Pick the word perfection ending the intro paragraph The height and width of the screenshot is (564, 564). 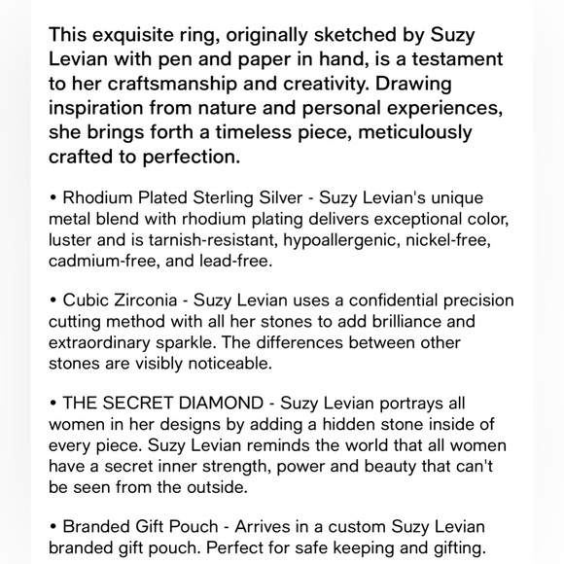pos(189,156)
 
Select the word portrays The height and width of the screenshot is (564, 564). pos(413,404)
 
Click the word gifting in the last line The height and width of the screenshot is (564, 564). pos(450,547)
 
